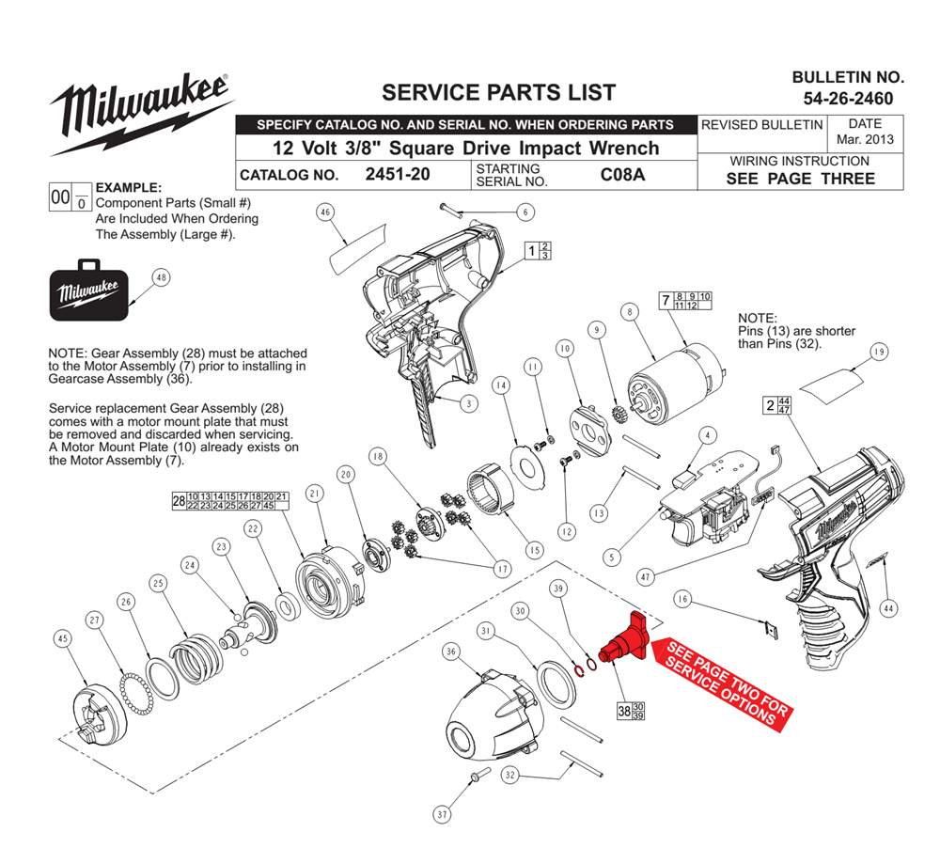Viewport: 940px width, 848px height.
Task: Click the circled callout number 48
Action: point(161,277)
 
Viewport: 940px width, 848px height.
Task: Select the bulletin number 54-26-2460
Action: point(848,99)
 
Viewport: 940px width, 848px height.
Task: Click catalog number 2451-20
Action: point(398,175)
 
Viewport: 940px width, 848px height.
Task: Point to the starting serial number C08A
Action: point(622,175)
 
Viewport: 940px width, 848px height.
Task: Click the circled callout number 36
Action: point(451,652)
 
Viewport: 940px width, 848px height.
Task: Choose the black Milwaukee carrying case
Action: point(88,291)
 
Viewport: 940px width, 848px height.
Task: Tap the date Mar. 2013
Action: point(865,139)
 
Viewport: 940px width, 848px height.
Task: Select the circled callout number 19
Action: point(879,352)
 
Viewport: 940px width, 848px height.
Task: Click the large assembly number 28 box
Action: point(179,501)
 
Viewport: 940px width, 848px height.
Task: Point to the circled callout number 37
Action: point(442,814)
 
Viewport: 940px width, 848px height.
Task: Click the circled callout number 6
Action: point(525,212)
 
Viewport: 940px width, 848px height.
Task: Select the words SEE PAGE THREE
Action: point(800,179)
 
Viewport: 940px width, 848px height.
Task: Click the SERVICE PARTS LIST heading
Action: point(499,92)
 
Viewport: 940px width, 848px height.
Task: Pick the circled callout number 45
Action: point(63,638)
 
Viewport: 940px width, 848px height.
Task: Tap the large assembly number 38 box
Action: point(624,711)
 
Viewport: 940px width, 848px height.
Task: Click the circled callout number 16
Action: point(682,599)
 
